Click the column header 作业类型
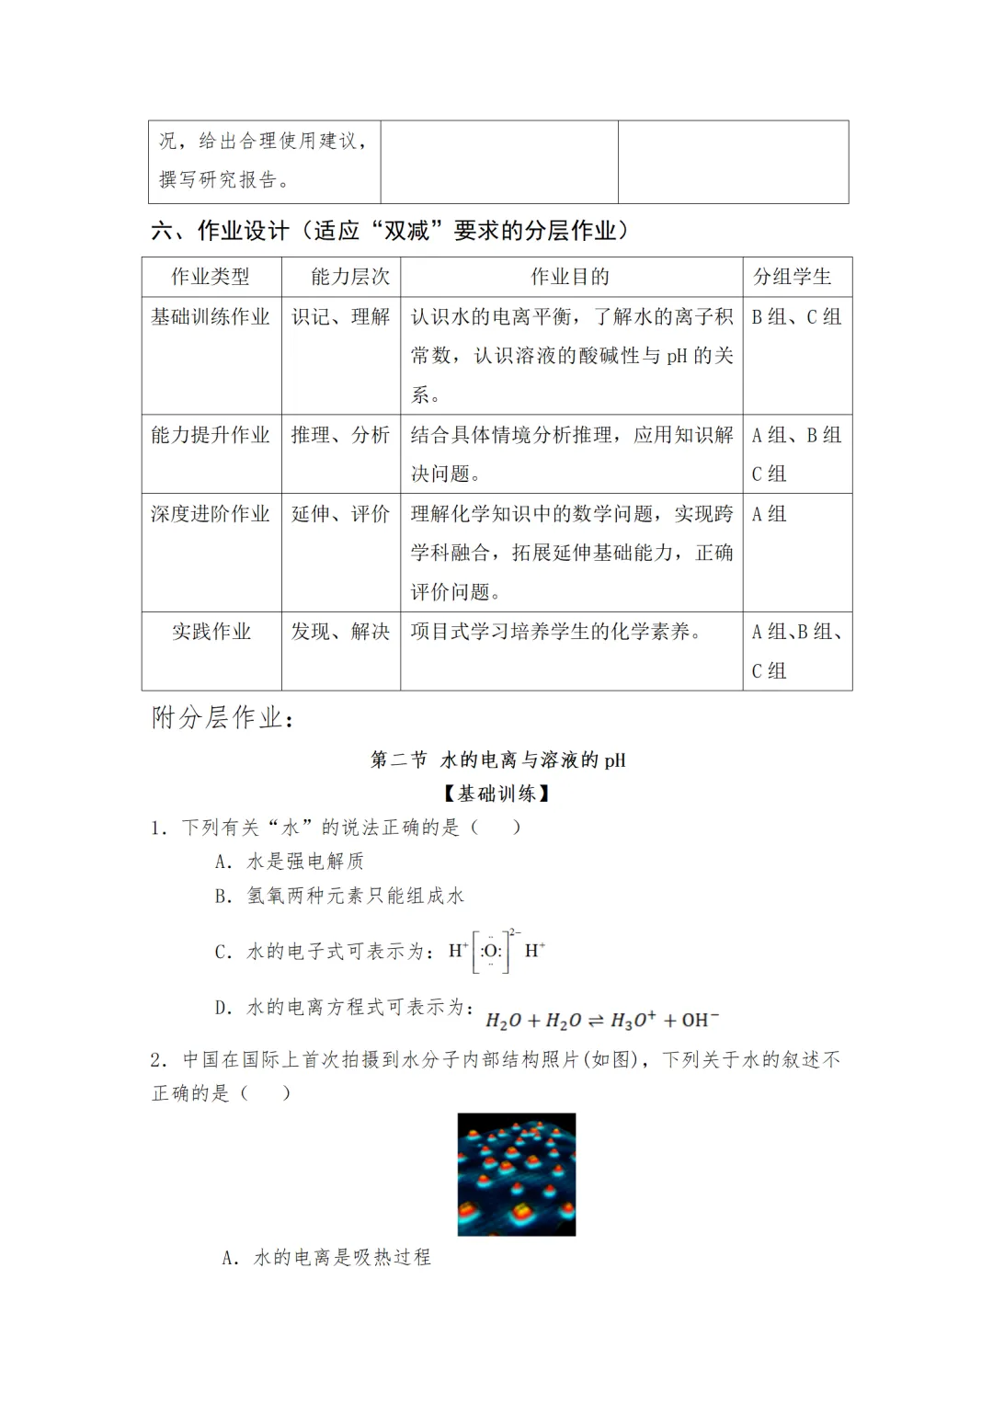pos(211,277)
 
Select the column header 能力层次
pos(350,277)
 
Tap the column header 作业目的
pos(570,277)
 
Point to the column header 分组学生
pos(792,277)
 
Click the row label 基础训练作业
pos(211,317)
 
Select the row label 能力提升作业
pos(211,435)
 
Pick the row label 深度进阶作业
pos(211,514)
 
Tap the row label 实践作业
pos(211,632)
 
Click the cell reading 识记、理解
pos(341,317)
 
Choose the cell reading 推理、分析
pos(341,435)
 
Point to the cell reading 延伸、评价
pos(341,514)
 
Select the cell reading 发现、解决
pos(341,632)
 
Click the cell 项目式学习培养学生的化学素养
pos(556,632)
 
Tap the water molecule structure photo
pos(517,1174)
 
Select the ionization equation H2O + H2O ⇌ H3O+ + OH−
pos(602,1020)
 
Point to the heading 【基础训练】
pos(496,794)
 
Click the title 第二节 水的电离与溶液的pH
pos(497,760)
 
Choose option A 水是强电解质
pos(290,862)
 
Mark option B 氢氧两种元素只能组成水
pos(339,896)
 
